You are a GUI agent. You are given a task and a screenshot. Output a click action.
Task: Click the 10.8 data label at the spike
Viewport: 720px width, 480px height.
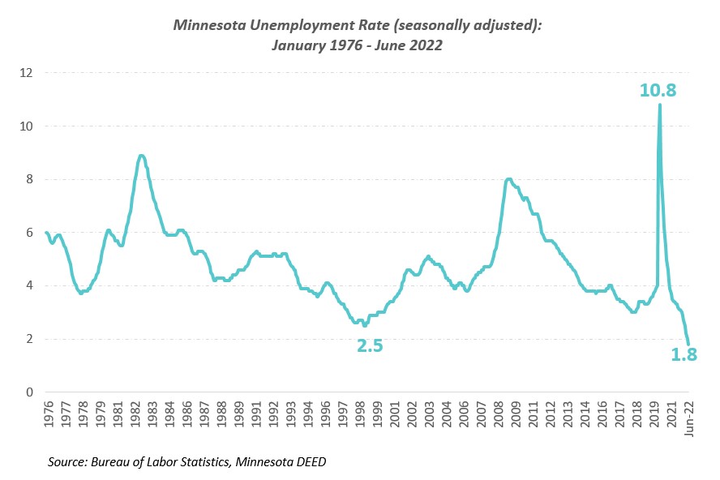tap(658, 90)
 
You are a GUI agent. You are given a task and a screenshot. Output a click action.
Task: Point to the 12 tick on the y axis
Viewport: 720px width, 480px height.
tap(27, 73)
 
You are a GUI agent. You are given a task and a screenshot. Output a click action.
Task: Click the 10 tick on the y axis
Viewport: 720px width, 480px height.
tap(27, 126)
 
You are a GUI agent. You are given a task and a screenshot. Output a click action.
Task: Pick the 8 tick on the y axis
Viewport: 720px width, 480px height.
tap(30, 179)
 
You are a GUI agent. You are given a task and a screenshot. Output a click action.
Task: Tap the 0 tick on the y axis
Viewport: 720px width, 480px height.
tap(30, 392)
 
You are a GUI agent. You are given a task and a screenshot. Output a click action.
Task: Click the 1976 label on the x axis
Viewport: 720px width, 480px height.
tap(47, 414)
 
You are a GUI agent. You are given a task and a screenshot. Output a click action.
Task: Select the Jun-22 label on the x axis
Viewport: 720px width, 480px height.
tap(689, 418)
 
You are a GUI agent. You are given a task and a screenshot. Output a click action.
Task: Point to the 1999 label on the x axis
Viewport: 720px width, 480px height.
tap(377, 414)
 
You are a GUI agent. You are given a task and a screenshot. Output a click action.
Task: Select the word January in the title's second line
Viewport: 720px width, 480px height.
tap(297, 45)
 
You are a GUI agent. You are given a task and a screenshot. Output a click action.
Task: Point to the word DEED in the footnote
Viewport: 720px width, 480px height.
tap(310, 461)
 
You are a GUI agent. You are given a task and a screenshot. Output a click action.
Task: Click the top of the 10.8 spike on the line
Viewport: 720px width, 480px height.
tap(659, 105)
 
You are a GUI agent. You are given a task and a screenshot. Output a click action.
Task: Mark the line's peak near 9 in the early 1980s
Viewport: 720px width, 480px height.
tap(141, 156)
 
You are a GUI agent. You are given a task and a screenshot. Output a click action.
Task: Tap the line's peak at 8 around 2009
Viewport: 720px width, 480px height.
tap(508, 179)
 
